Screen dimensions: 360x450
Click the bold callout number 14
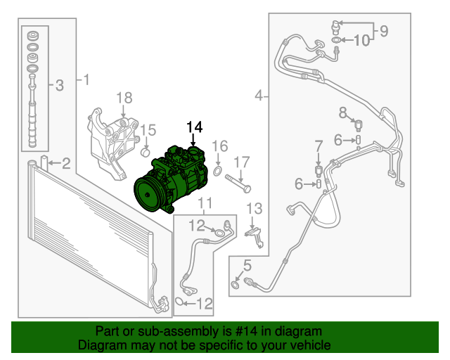[194, 127]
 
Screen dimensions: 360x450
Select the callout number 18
[124, 98]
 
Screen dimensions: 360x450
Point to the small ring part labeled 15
[146, 153]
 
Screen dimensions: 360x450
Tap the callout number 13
[254, 208]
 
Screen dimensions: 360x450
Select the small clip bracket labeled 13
[257, 236]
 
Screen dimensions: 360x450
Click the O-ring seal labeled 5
[234, 284]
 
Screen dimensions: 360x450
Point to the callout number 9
[384, 30]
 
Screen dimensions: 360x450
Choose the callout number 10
[361, 41]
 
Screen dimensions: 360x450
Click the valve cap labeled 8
[359, 125]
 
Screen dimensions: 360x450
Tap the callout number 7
[319, 146]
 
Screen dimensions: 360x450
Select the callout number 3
[59, 86]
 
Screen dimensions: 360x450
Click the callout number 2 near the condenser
[65, 165]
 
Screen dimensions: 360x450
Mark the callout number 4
[259, 95]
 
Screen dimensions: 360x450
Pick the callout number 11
[205, 205]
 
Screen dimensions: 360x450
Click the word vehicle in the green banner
[309, 345]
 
